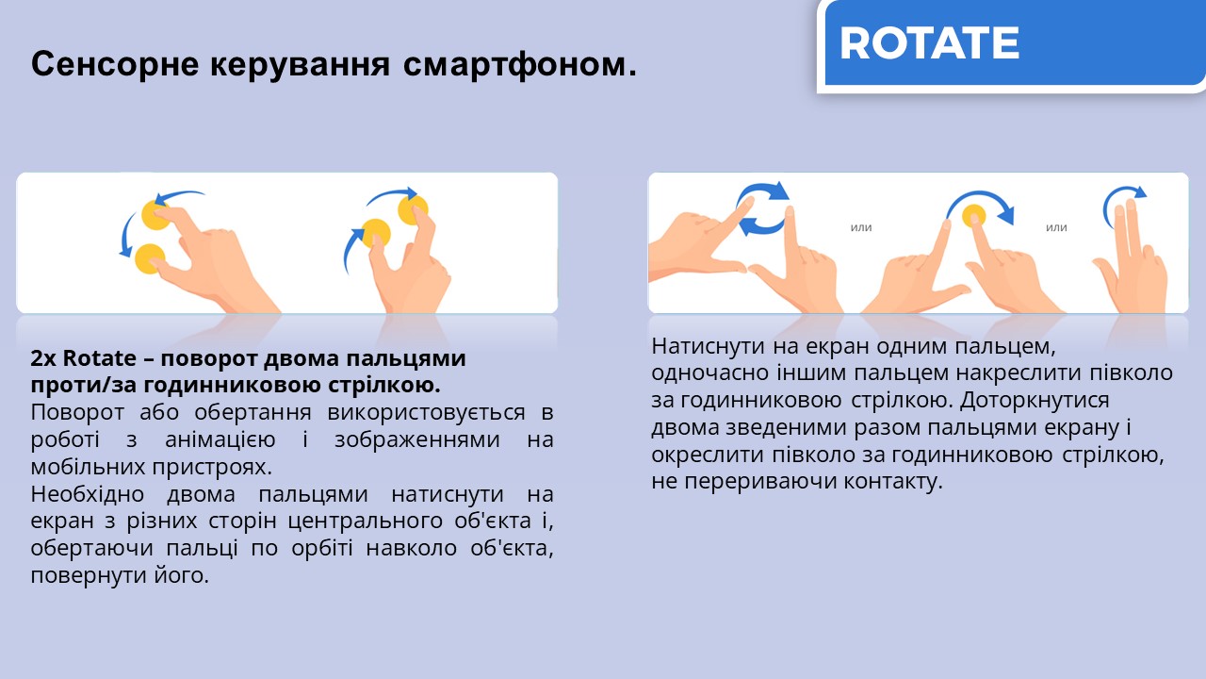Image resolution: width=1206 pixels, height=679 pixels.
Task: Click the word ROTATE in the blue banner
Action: coord(929,43)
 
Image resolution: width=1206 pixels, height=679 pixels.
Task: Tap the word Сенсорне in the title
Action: coord(115,63)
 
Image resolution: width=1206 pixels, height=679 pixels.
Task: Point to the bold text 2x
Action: coord(43,358)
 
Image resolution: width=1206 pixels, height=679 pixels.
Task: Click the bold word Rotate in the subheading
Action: coord(100,358)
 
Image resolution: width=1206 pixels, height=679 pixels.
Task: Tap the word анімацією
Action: coord(220,439)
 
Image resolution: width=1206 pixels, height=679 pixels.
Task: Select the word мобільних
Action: coord(88,467)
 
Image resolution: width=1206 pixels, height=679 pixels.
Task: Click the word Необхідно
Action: coord(88,494)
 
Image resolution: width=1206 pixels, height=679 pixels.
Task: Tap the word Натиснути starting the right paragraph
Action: coord(709,346)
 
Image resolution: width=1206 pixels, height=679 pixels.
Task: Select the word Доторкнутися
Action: coord(1035,401)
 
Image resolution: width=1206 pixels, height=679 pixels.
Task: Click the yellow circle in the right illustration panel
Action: coord(974,216)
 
